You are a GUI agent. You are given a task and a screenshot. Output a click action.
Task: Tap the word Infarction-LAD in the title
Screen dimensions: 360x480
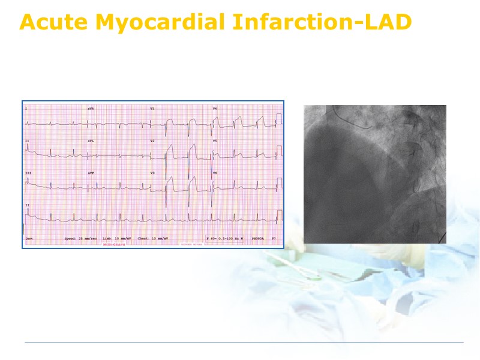point(321,22)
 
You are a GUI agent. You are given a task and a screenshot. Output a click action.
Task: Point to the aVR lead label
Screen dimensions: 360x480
point(91,109)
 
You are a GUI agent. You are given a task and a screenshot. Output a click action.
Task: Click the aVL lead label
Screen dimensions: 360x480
point(91,141)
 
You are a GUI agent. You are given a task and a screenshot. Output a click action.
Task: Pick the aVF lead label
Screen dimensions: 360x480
point(91,173)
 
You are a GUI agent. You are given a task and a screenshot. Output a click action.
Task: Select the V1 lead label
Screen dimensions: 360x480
point(152,109)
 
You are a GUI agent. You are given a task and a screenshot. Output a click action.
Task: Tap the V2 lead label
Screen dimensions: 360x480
point(152,141)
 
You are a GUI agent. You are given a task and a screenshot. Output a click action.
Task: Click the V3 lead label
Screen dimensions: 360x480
point(152,173)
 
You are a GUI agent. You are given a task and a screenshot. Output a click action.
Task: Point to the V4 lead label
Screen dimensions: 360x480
point(215,109)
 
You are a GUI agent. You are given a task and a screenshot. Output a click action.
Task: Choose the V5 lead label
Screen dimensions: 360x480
point(215,141)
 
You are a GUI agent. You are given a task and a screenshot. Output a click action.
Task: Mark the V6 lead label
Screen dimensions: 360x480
point(215,173)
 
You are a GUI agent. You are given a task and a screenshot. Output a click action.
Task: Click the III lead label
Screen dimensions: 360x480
point(28,173)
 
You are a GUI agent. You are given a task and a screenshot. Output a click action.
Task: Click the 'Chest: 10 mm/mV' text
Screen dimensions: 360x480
point(152,239)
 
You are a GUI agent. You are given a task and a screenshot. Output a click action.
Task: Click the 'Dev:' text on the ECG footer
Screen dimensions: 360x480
point(29,239)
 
